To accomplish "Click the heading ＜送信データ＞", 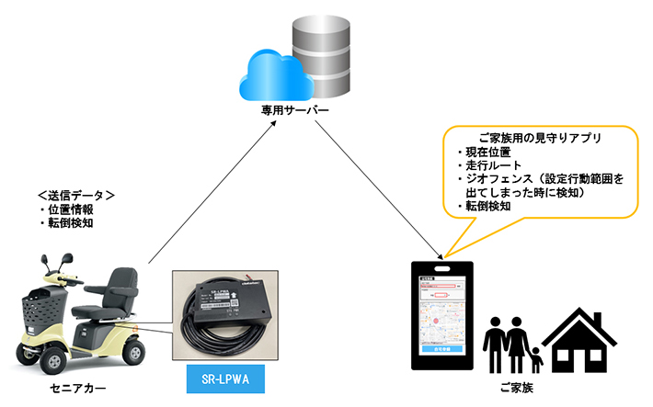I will pos(75,195).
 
